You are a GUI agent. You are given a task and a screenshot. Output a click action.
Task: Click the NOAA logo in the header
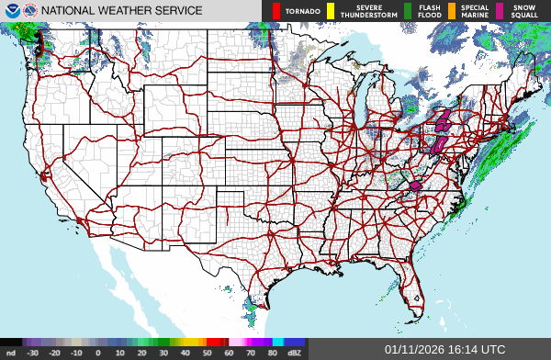coord(10,10)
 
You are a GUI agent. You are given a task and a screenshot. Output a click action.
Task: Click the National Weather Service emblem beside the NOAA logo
coord(29,10)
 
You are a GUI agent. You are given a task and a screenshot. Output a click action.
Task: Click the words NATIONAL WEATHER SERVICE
coord(121,11)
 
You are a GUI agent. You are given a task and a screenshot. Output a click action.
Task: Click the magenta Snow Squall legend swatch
coord(500,11)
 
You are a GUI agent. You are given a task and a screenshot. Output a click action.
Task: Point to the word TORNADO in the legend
coord(301,11)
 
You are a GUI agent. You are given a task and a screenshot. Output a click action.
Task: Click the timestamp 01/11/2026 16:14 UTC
coord(444,350)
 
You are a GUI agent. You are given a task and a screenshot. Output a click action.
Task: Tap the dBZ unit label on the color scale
coord(294,353)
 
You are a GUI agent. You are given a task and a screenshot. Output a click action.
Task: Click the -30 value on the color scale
coord(33,353)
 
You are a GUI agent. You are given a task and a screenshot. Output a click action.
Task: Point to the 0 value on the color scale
coord(98,353)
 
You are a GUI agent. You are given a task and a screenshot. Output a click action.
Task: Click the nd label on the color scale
coord(10,353)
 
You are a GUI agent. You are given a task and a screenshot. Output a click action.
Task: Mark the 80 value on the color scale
coord(272,353)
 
